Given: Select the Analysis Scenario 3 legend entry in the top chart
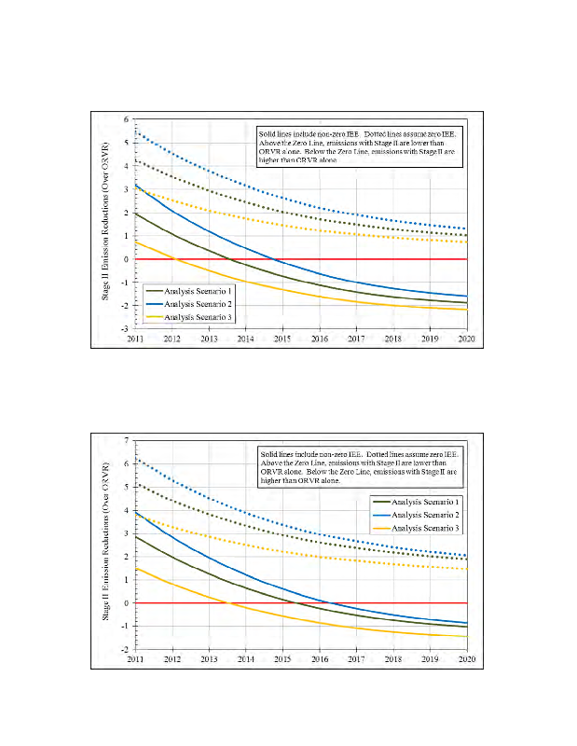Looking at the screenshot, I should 195,318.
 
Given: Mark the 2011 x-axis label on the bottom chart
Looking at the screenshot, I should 136,659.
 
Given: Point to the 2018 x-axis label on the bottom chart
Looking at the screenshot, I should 392,659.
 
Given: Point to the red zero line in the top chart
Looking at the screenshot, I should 373,259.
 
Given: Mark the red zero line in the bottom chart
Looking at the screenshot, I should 373,602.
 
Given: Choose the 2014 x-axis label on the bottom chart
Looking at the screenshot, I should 245,659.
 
